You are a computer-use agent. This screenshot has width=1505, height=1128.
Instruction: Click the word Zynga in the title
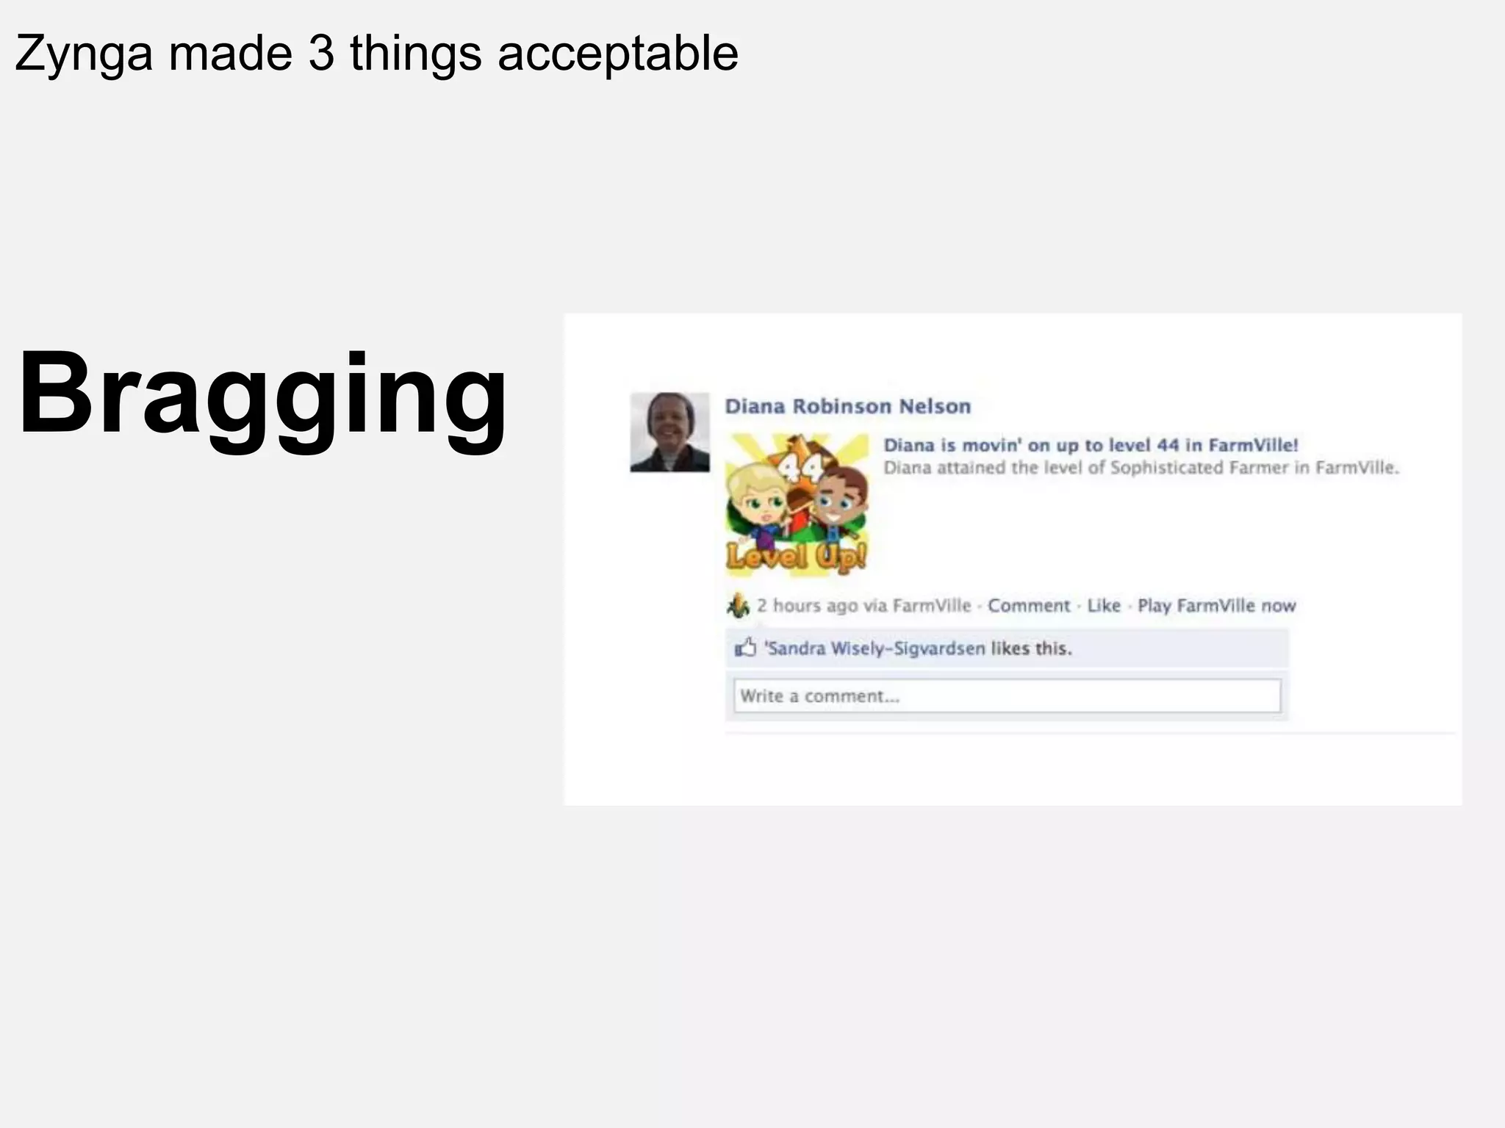coord(84,54)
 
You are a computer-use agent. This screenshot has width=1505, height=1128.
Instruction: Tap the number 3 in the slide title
coord(321,53)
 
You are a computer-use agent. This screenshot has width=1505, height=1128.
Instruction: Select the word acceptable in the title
coord(617,53)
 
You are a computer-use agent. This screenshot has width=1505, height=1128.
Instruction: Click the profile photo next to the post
coord(669,432)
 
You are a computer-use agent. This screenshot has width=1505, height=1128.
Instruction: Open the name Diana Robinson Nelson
coord(847,406)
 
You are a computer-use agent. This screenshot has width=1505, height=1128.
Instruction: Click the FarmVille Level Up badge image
coord(797,504)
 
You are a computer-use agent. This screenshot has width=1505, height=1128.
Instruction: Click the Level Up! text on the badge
coord(797,556)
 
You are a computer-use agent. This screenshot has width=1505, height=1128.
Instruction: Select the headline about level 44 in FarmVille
coord(1091,445)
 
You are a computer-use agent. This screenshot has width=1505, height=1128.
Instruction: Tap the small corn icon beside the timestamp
coord(738,605)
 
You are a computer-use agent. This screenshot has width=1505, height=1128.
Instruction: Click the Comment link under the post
coord(1028,606)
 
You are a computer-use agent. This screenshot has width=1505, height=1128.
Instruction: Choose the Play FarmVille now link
coord(1216,606)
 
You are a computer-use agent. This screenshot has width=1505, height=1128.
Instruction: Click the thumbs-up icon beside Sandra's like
coord(745,648)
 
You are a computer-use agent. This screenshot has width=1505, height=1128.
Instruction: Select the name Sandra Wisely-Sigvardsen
coord(874,648)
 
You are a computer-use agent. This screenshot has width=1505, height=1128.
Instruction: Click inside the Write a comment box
coord(1007,695)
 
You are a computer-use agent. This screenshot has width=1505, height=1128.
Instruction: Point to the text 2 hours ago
coord(807,606)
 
